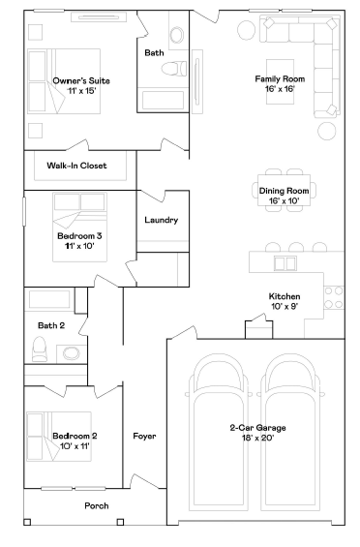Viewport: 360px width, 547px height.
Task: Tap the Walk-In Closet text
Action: pos(76,166)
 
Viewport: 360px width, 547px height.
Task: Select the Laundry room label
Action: pos(161,220)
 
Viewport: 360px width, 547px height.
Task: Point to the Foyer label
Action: pos(144,437)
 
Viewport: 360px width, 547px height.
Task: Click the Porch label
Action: pos(96,505)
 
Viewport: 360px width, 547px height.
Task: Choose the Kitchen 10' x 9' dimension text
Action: pos(285,307)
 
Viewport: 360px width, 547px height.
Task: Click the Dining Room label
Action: pos(285,191)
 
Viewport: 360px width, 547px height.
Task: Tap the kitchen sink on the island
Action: pos(286,262)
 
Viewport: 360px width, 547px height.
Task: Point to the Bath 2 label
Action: pos(51,325)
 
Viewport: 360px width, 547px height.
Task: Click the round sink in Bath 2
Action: pos(72,353)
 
